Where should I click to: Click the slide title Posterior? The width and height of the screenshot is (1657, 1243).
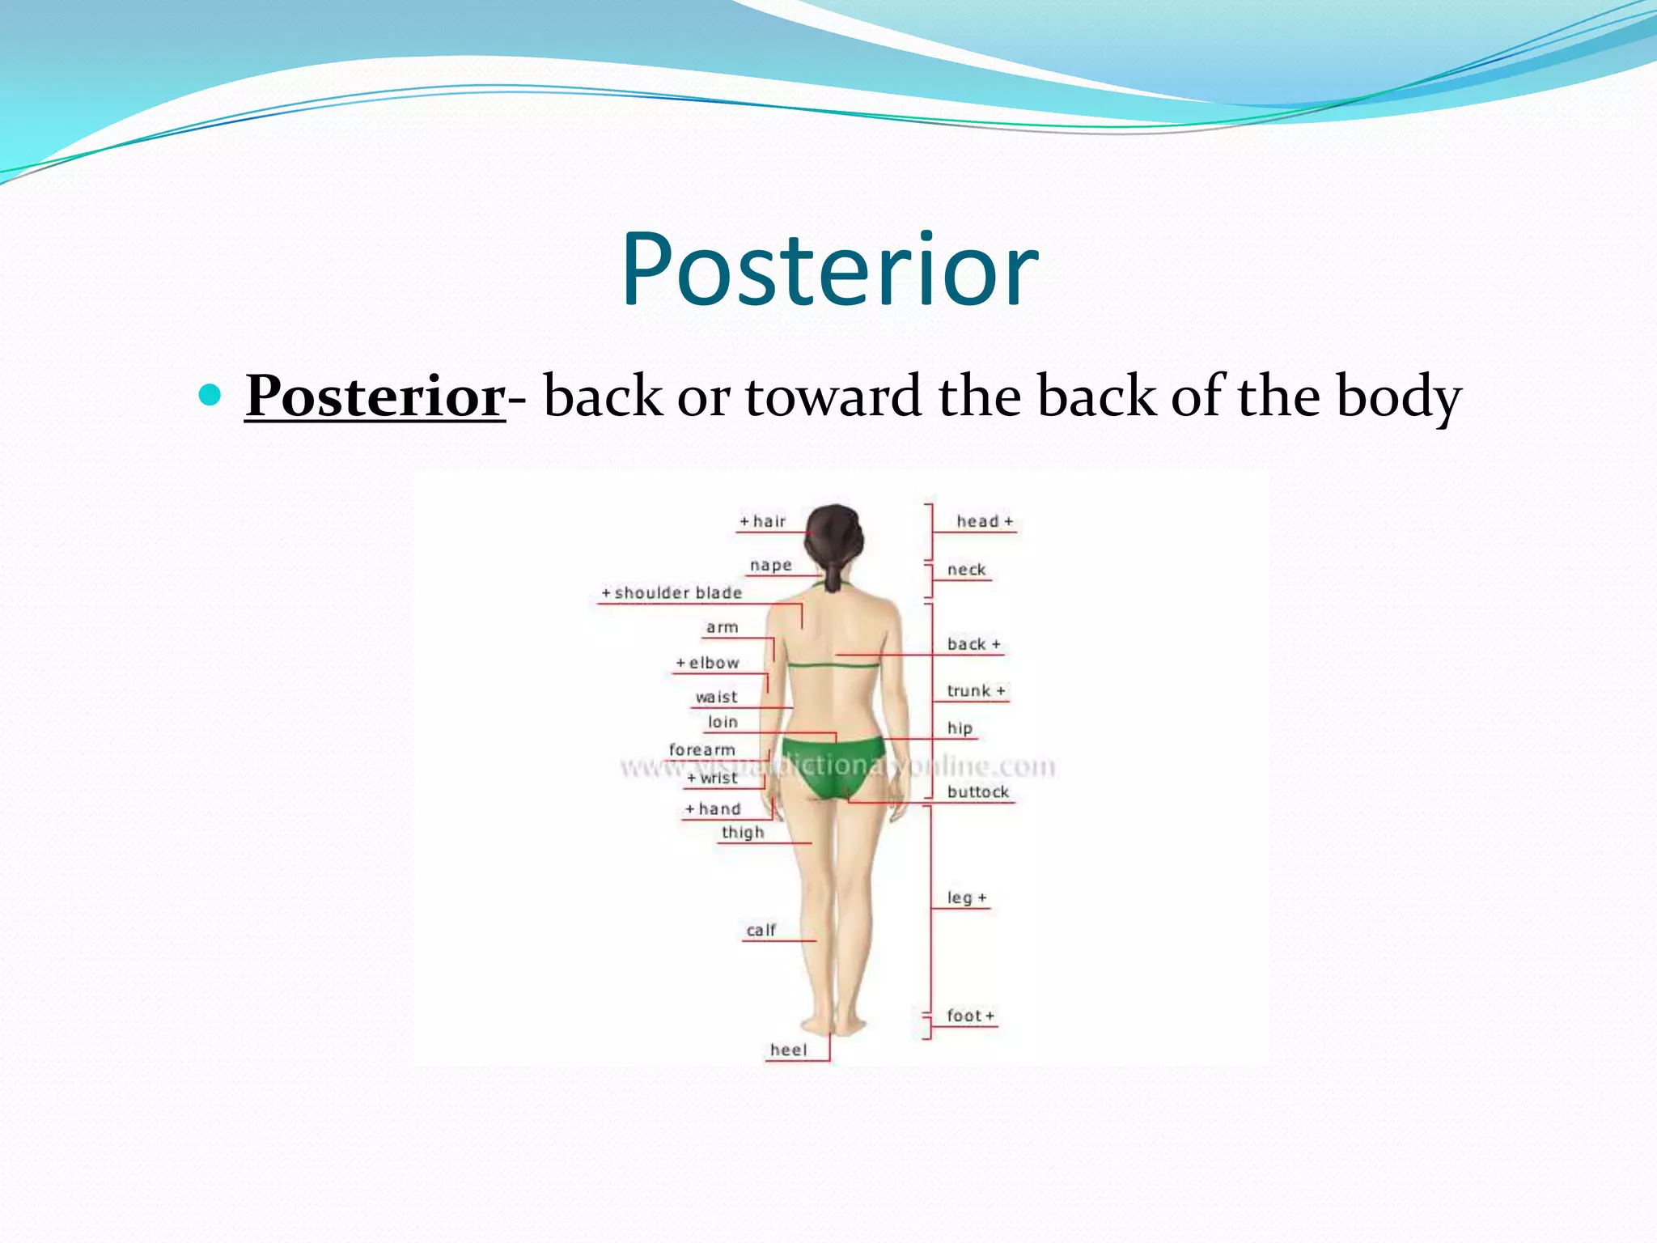point(829,271)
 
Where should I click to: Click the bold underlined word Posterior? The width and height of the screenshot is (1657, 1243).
point(375,397)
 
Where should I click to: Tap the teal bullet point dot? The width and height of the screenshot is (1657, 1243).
point(210,395)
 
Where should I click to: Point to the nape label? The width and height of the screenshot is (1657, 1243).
point(770,566)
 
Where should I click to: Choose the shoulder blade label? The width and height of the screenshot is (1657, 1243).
point(672,593)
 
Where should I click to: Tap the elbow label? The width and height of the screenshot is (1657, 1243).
point(709,664)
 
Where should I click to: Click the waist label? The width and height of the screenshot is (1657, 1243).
point(716,698)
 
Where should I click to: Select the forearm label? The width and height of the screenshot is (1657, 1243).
point(701,750)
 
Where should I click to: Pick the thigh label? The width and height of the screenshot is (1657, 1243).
point(742,833)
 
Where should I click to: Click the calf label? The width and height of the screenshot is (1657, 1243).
point(761,931)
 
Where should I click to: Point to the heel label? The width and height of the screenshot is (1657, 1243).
point(788,1050)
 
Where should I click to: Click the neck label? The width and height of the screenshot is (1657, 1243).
point(966,570)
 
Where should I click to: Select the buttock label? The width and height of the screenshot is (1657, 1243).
point(977,792)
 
